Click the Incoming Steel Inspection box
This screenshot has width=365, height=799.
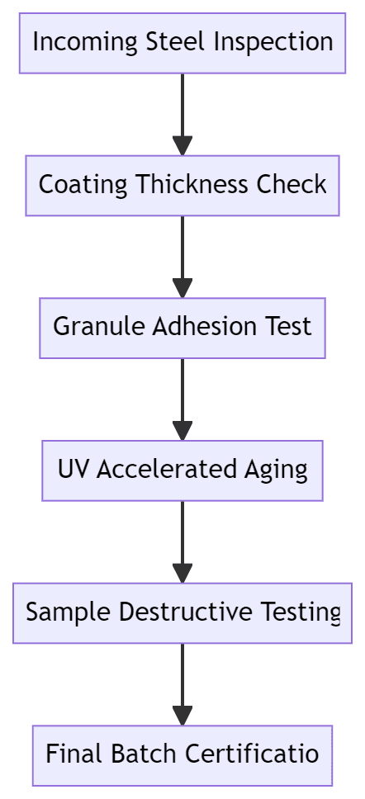[182, 43]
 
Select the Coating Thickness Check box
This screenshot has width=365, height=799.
[182, 186]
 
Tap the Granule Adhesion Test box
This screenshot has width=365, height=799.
[182, 329]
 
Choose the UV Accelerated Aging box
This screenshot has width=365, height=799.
[182, 470]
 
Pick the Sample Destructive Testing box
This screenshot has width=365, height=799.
[182, 613]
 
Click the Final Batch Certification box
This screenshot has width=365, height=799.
[182, 756]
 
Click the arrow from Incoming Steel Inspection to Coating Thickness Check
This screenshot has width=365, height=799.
[182, 115]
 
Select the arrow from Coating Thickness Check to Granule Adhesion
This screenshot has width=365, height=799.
[182, 257]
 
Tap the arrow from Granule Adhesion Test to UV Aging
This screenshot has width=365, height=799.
[182, 399]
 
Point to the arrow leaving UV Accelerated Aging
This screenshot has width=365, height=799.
[182, 542]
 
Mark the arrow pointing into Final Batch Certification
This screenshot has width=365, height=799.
[182, 684]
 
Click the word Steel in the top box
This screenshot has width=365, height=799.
[178, 41]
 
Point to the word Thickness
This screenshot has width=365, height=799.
[192, 184]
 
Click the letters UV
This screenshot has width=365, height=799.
[73, 469]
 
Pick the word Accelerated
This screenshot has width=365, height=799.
[167, 469]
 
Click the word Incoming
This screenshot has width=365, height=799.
[86, 43]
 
